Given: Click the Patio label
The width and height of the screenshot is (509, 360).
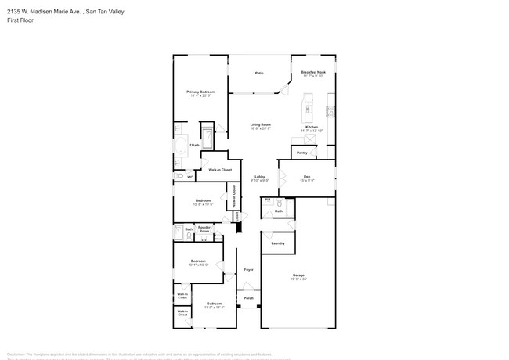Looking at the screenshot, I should [x=259, y=74].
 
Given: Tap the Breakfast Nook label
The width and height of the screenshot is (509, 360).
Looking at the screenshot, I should [x=313, y=72].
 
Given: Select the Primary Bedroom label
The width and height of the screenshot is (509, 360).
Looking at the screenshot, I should [x=200, y=92].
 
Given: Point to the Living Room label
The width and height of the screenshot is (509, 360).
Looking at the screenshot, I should [x=260, y=124].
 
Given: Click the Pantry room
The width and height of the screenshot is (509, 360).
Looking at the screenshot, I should [x=302, y=153].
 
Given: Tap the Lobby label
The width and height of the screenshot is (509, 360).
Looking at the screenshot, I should [x=259, y=178].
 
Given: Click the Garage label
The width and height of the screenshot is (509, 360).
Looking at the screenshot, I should [x=298, y=275].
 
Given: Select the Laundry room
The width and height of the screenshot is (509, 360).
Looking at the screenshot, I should [x=278, y=243].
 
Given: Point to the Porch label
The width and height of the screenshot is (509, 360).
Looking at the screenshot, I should [x=248, y=298].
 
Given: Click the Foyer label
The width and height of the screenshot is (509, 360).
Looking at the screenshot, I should [x=248, y=270].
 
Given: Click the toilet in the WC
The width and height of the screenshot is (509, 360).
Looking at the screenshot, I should [x=179, y=177].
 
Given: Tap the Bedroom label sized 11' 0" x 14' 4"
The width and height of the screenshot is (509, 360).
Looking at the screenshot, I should [x=215, y=304].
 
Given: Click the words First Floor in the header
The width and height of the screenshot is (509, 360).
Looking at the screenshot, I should [x=16, y=20].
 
